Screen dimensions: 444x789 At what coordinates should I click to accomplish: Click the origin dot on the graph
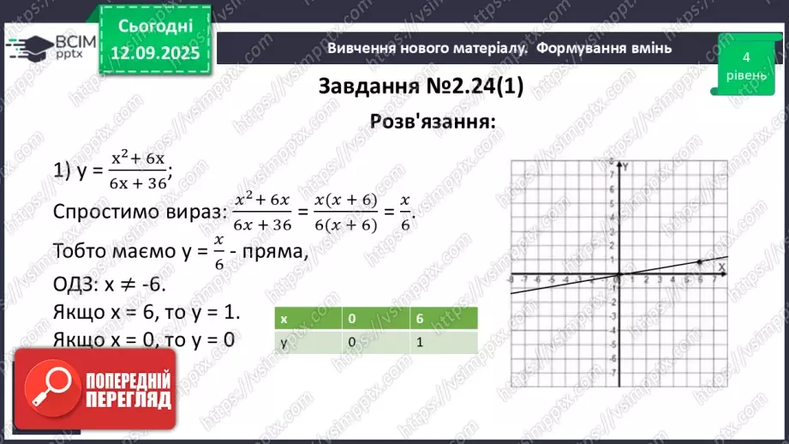click(619, 276)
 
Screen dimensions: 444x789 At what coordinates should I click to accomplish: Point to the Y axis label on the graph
click(625, 166)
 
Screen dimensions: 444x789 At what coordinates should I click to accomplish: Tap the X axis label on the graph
click(720, 267)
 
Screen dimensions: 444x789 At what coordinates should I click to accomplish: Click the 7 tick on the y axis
click(613, 173)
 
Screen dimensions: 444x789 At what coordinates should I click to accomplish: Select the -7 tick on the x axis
click(523, 280)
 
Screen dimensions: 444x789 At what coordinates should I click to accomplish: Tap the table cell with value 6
click(420, 318)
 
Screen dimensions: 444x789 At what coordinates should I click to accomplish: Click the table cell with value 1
click(420, 342)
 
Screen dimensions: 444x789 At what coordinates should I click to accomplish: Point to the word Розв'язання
click(433, 121)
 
